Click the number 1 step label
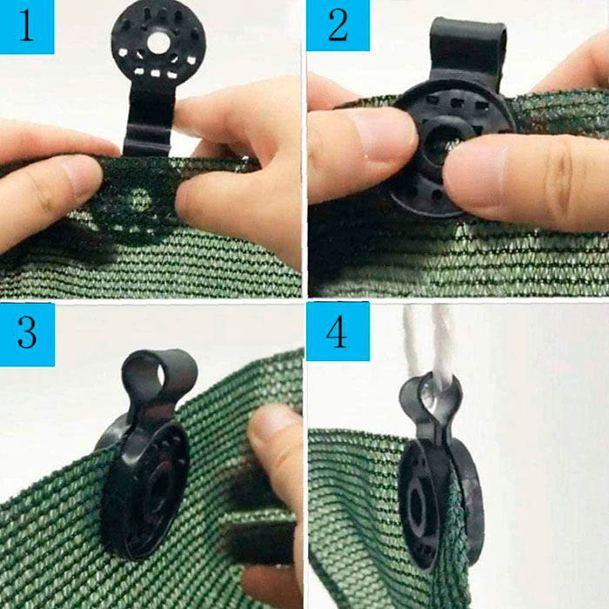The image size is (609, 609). tap(26, 26)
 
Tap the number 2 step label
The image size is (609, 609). tap(338, 25)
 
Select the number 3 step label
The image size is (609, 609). tap(27, 333)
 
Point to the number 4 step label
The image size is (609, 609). tap(338, 331)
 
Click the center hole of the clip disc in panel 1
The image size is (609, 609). tap(158, 42)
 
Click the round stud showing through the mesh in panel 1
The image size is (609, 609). tap(139, 199)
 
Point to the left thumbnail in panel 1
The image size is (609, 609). tap(80, 177)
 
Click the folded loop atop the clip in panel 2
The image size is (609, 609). tap(468, 43)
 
